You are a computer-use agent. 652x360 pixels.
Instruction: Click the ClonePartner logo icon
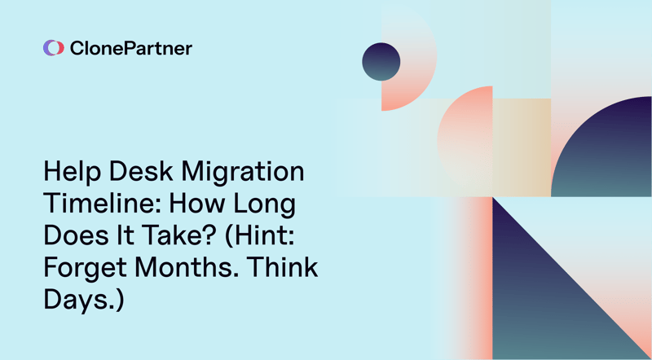[53, 48]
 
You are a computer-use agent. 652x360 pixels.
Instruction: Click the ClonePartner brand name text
[130, 48]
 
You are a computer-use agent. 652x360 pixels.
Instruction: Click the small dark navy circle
[381, 62]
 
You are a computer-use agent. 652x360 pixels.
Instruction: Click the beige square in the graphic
[522, 147]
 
